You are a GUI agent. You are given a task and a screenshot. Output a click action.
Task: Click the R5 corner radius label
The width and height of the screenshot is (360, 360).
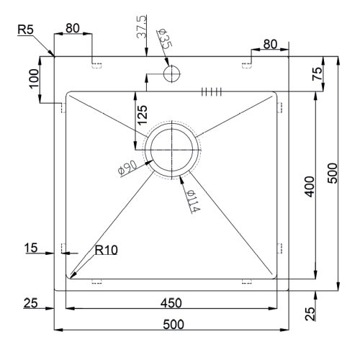coord(26,30)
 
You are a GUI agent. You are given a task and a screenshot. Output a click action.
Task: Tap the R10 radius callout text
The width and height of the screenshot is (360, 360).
coord(106,250)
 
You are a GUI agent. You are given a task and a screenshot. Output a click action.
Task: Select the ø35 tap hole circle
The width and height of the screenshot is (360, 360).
coord(171,73)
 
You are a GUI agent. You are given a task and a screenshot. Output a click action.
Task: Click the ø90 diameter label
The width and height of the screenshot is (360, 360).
coord(127,168)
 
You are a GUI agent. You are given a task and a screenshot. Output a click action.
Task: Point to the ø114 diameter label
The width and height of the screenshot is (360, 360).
coord(193,201)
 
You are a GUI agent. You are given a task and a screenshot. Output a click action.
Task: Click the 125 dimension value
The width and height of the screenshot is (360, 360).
coord(143,115)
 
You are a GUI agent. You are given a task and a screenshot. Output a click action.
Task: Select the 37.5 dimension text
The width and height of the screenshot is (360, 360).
coord(141,27)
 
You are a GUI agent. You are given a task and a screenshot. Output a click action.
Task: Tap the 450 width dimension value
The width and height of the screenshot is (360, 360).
coord(171,303)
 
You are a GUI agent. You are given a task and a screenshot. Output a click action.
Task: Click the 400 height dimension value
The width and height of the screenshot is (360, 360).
coord(310,186)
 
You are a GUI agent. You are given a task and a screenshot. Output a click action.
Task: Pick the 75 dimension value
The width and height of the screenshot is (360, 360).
coord(317,74)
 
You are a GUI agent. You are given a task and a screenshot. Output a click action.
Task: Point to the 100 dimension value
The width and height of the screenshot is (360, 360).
coord(34,79)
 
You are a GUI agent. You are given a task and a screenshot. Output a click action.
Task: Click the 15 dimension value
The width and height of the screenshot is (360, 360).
coord(31,248)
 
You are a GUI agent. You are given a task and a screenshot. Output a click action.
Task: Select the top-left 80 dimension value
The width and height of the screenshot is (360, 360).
coord(73,28)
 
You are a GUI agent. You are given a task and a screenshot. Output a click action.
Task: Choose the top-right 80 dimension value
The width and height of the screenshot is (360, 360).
coord(270,44)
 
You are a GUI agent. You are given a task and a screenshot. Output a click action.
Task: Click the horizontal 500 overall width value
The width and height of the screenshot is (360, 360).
coord(174,325)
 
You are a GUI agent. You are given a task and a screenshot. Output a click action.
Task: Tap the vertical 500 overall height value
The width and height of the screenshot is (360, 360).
coord(333,174)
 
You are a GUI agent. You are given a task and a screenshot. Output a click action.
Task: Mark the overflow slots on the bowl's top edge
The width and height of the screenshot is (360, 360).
coord(211,91)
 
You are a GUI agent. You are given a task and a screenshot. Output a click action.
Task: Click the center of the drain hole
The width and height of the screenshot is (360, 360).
coord(172,150)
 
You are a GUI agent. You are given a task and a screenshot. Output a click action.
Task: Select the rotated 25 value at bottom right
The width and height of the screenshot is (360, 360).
coord(310,314)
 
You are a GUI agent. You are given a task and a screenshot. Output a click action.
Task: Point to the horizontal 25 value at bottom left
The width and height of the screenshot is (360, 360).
coord(30,303)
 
